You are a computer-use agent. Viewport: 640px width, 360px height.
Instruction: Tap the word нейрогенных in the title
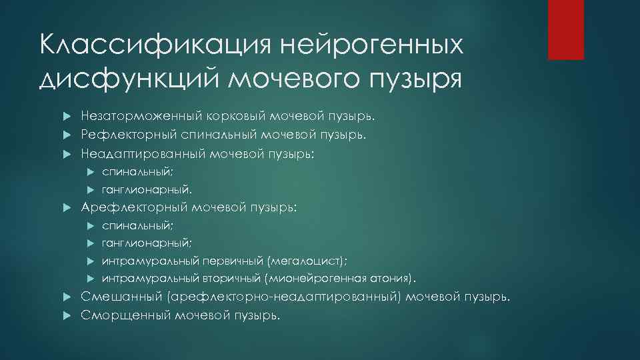(371, 47)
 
